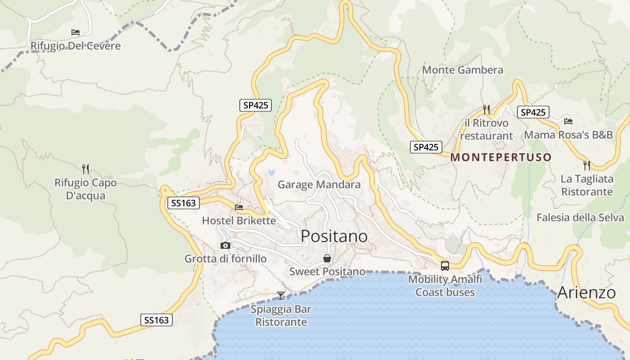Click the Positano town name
click(x=334, y=236)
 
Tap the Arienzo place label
click(x=586, y=293)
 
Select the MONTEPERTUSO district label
click(x=501, y=157)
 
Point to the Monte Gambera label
click(x=463, y=70)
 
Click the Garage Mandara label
click(x=319, y=184)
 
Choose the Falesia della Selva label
click(x=580, y=218)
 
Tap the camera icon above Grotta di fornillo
click(x=225, y=245)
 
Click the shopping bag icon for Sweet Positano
click(x=327, y=258)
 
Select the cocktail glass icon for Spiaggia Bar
click(x=281, y=295)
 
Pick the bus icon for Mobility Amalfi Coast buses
click(x=445, y=265)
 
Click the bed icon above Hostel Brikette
click(x=239, y=207)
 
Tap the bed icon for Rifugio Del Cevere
click(x=76, y=32)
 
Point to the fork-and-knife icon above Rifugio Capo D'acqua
click(x=85, y=169)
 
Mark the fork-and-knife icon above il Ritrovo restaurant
click(x=486, y=109)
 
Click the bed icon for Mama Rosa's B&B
click(x=568, y=121)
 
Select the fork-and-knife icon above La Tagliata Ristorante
click(x=587, y=166)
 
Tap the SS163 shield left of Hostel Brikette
click(x=183, y=203)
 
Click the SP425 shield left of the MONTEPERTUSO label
click(x=426, y=147)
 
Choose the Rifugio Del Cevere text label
click(x=76, y=46)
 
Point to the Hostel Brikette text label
click(x=239, y=220)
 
